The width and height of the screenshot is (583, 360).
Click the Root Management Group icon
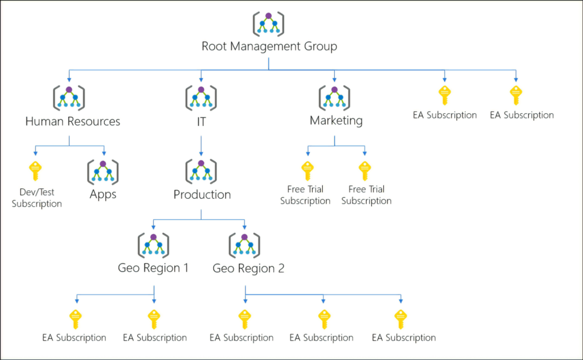pos(269,24)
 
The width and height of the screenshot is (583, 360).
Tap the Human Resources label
pos(72,121)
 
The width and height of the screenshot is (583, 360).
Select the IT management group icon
pos(201,98)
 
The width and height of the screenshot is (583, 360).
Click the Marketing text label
pos(336,121)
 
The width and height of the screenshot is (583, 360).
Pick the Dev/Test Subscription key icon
pos(35,171)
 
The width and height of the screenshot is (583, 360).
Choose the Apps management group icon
pos(103,172)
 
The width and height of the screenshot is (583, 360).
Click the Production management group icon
pos(201,171)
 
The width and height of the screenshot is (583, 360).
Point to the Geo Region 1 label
pos(153,268)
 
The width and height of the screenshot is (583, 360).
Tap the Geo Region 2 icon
pos(244,245)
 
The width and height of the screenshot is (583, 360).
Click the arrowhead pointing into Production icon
pos(201,154)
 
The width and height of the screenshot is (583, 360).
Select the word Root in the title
pos(214,46)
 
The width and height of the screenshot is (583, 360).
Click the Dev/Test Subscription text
pos(36,198)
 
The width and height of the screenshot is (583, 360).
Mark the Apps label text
pos(103,194)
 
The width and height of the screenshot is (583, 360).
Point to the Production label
pos(202,194)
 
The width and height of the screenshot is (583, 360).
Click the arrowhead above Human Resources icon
pos(69,79)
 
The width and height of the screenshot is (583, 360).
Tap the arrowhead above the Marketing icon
pos(334,79)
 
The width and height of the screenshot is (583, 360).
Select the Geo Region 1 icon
pos(154,245)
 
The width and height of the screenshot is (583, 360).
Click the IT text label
pos(201,121)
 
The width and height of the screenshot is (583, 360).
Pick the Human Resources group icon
pos(69,98)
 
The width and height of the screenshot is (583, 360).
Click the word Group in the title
pos(321,47)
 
